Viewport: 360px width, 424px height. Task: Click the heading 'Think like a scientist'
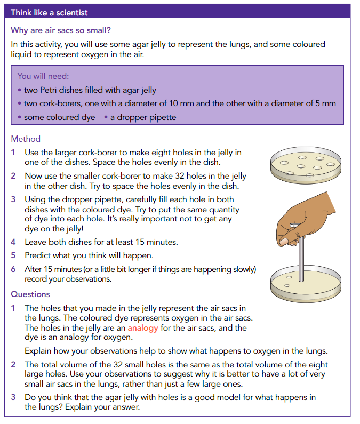tap(49, 13)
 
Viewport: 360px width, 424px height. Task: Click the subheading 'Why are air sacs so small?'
tap(61, 30)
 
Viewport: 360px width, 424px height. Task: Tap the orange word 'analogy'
tap(143, 328)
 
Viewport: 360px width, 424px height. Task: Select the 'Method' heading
tap(26, 139)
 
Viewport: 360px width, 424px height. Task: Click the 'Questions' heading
tap(30, 294)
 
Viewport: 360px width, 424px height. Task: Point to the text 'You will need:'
tap(43, 76)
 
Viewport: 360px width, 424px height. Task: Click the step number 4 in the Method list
tap(13, 242)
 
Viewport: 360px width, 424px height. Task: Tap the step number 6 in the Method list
tap(13, 269)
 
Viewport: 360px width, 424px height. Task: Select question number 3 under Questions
tap(13, 397)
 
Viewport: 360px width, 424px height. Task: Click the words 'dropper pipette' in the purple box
tap(146, 117)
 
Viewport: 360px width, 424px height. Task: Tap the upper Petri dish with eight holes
tap(306, 165)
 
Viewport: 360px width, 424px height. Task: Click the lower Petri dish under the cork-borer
tap(306, 284)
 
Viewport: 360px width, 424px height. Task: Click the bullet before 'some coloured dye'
tap(20, 117)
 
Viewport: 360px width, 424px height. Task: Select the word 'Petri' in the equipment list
tap(48, 90)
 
